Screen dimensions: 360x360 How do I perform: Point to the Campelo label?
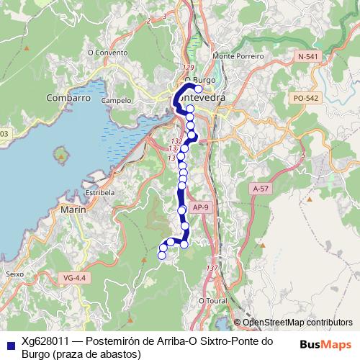point(117,102)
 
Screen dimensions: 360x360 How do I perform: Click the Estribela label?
point(100,193)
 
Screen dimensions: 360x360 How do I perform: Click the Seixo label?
point(14,274)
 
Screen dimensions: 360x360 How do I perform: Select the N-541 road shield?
point(308,55)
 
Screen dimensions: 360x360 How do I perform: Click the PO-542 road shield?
point(306,97)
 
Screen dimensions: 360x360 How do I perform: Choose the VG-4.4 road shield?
point(74,276)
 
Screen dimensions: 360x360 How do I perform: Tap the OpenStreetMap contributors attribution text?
point(297,323)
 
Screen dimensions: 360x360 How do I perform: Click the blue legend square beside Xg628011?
point(9,342)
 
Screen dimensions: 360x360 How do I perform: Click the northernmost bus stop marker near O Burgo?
point(198,89)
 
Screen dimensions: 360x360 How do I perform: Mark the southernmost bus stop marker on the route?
point(162,255)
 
